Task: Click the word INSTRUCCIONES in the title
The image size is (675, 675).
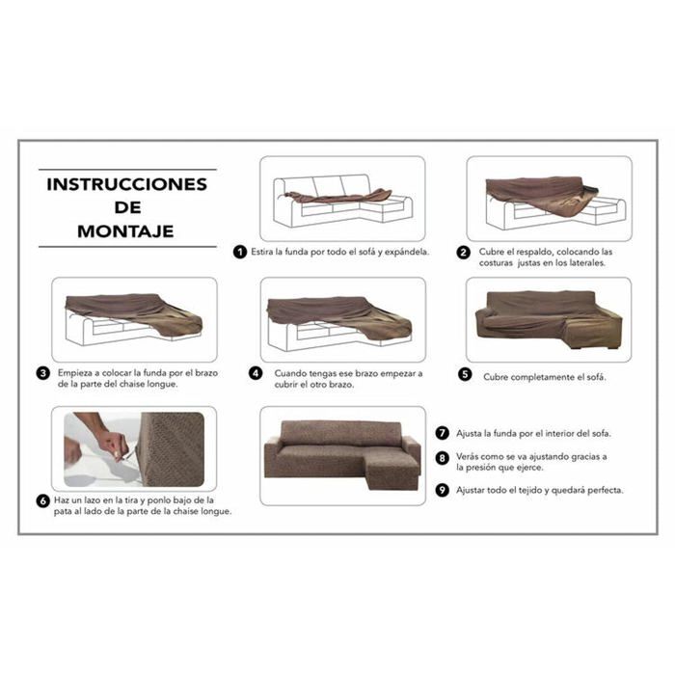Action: (126, 183)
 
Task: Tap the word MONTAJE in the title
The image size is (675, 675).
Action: (126, 231)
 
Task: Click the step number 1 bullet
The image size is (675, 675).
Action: (239, 253)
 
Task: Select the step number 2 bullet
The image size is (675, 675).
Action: (463, 253)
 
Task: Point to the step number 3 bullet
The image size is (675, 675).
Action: (44, 373)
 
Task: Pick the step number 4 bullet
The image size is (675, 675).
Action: (255, 373)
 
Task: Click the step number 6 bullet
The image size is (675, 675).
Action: (44, 500)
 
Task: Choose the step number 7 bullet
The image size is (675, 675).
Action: (442, 434)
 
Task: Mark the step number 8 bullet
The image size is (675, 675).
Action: (442, 458)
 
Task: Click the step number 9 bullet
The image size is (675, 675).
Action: (442, 490)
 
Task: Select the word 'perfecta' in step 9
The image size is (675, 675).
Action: (602, 490)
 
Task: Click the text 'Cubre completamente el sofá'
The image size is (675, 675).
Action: (545, 377)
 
